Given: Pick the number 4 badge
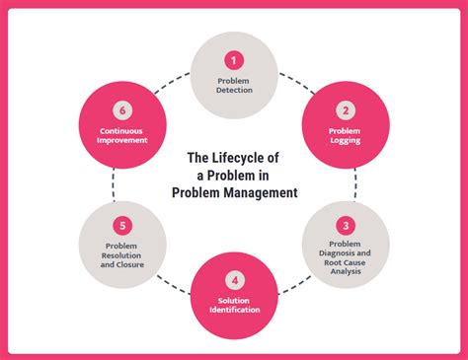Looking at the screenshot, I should (x=233, y=281).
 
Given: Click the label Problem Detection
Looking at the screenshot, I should (x=233, y=84).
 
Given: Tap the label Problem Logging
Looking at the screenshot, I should (x=346, y=134).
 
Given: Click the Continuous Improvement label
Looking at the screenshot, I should (x=123, y=135).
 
